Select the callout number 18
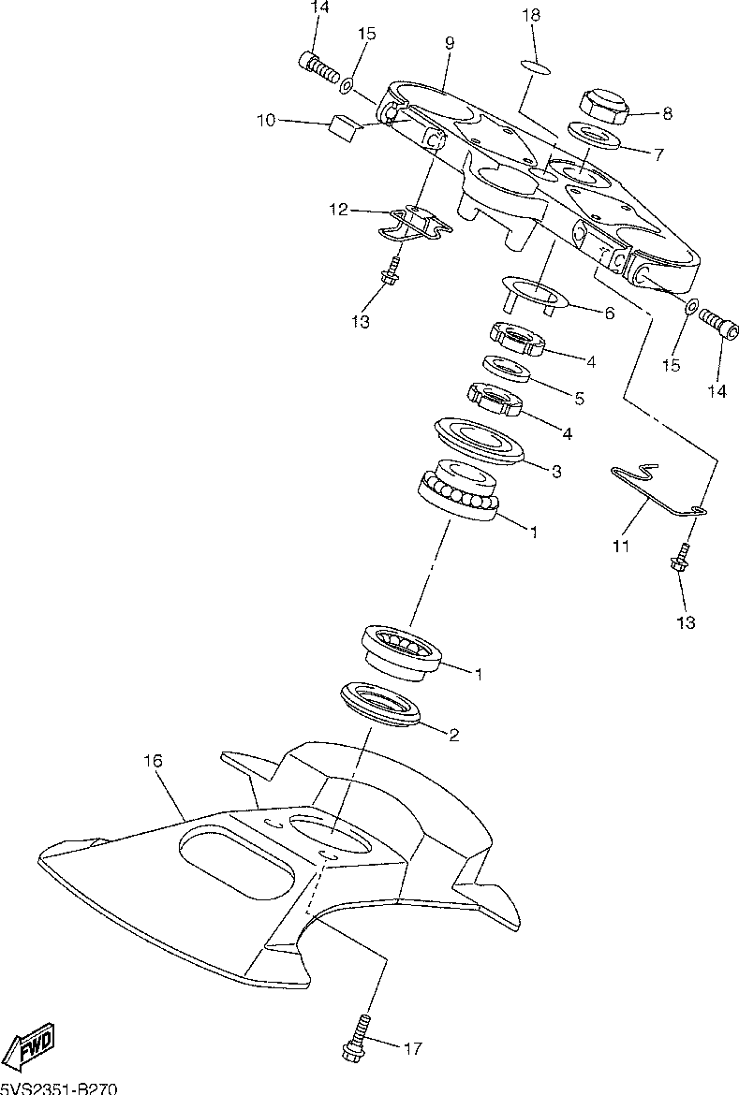(x=531, y=16)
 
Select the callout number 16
(x=154, y=761)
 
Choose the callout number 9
(x=450, y=43)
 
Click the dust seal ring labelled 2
(x=381, y=703)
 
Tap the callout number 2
(x=454, y=735)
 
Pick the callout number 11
(x=621, y=544)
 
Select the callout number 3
(x=556, y=473)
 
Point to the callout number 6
(x=609, y=314)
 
